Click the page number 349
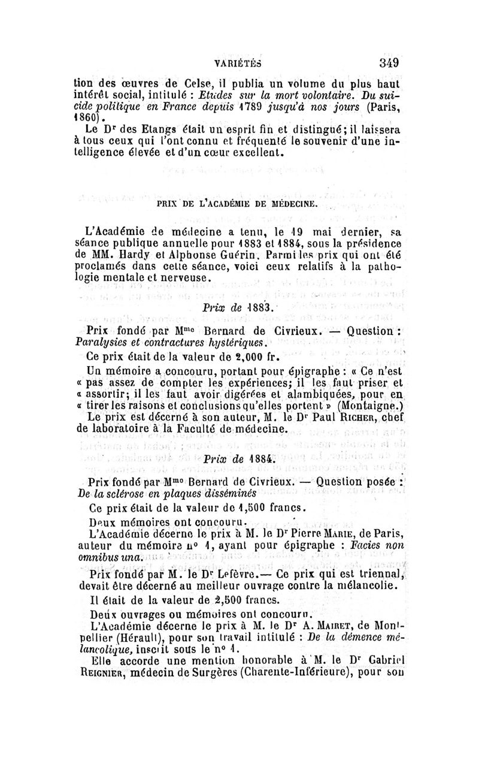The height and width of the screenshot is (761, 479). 388,62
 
